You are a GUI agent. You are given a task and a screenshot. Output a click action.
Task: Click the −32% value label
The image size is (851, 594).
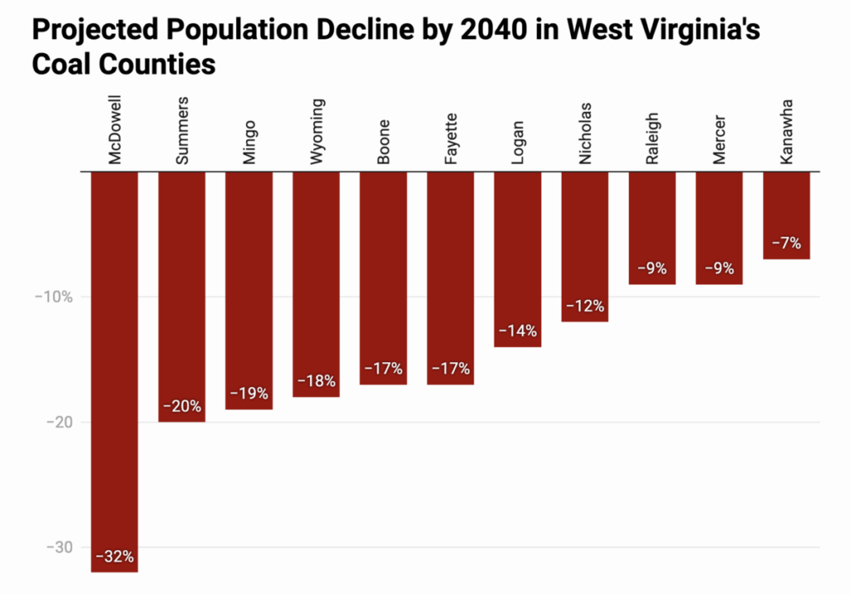(x=114, y=557)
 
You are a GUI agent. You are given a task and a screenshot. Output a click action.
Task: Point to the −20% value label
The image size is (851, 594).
(x=181, y=406)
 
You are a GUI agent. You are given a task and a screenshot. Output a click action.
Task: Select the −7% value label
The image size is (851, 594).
(x=786, y=243)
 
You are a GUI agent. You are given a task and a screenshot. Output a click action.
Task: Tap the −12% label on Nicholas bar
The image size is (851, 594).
(x=584, y=306)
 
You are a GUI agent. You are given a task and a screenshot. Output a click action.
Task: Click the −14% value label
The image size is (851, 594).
(x=517, y=331)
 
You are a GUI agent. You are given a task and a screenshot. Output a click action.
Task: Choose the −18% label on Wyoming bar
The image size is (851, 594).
(x=316, y=381)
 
